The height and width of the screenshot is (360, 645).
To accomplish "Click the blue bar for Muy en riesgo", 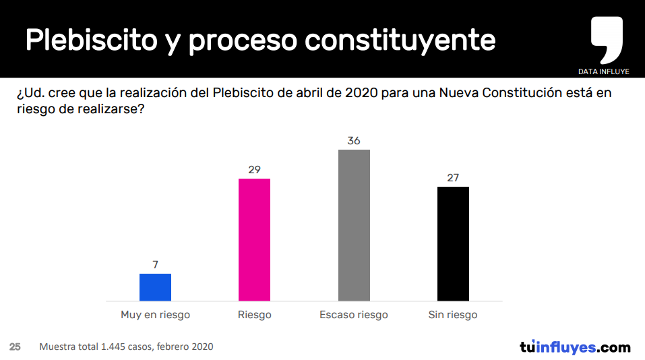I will tap(155, 287).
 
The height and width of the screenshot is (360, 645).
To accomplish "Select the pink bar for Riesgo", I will tap(255, 239).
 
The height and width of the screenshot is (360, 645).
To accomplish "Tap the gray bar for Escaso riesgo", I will tap(354, 225).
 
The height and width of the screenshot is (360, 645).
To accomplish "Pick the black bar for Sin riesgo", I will tap(453, 243).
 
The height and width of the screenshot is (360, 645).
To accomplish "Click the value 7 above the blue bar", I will tap(155, 265).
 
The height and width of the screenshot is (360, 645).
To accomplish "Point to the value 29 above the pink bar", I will tap(255, 170).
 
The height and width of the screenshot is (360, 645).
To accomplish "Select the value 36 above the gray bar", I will tap(354, 141).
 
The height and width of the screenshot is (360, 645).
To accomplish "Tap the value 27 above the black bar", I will tap(453, 178).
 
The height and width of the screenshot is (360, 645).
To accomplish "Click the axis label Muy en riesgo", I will tap(155, 315).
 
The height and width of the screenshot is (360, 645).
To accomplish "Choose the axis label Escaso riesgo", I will tap(354, 315).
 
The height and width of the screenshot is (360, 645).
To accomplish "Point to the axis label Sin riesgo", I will tap(453, 315).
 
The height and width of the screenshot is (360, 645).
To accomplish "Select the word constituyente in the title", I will tap(400, 40).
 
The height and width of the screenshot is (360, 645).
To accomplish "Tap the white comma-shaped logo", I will tap(607, 39).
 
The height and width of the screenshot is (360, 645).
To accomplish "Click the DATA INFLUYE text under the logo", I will tap(604, 71).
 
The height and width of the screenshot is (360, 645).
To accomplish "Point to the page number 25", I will tap(15, 347).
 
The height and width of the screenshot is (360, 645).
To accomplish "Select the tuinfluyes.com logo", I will tap(575, 347).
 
